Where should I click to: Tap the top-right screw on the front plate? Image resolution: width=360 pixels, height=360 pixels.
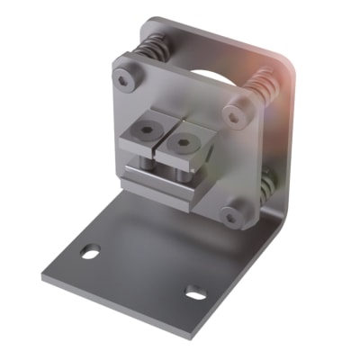point(237,114)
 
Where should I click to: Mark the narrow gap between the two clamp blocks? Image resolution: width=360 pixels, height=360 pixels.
point(162,144)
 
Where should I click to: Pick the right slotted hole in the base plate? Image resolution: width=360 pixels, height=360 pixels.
point(195,292)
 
